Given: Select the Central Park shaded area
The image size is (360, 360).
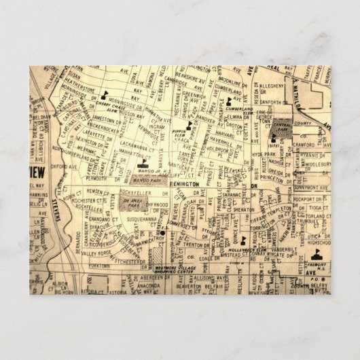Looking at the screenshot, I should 281,127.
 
